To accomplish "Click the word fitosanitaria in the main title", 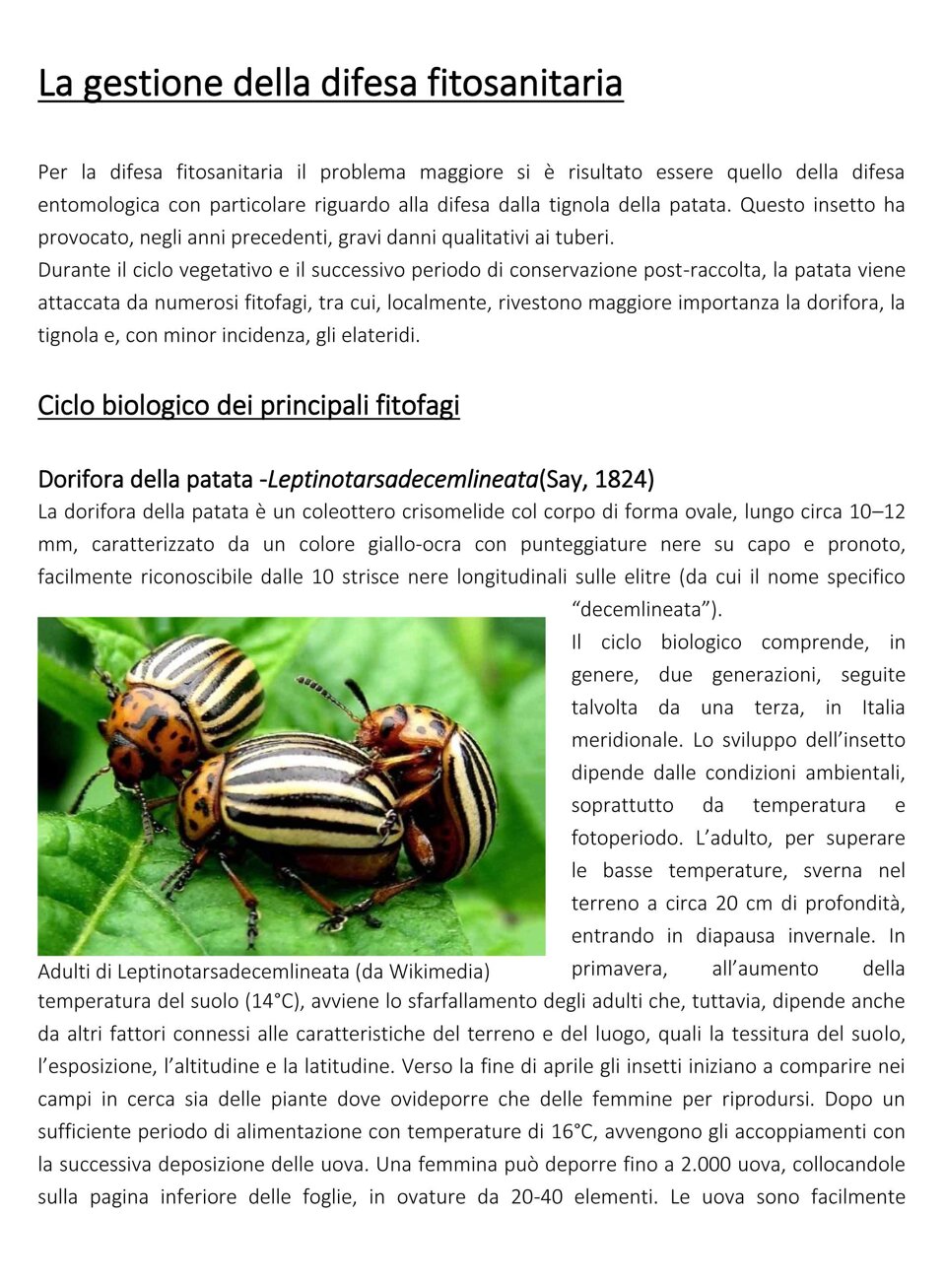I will point(524,84).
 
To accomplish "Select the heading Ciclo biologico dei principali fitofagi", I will point(248,406).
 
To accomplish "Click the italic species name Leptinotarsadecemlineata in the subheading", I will point(402,480).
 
